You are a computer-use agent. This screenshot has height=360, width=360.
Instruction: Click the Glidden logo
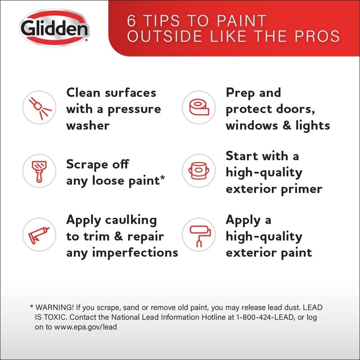click(x=54, y=28)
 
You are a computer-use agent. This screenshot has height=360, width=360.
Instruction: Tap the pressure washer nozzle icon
click(x=40, y=108)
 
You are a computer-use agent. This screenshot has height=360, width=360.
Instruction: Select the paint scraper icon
click(x=39, y=171)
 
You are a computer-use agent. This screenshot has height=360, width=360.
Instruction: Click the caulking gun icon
click(x=39, y=235)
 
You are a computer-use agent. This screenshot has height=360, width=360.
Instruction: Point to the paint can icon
click(x=199, y=171)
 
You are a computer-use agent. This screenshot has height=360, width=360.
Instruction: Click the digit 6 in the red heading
click(x=131, y=21)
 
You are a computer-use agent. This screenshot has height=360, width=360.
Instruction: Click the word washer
click(x=88, y=126)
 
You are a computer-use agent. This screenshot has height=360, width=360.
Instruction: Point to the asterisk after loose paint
click(x=162, y=178)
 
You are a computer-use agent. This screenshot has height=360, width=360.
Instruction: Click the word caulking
click(x=131, y=220)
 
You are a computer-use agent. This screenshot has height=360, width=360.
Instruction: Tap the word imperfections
click(x=135, y=252)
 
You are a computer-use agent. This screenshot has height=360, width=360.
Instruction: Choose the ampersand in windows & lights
click(x=287, y=126)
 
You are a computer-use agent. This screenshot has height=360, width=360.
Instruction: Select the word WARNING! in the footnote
click(x=54, y=307)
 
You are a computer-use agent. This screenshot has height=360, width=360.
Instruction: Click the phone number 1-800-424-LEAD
click(x=265, y=317)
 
